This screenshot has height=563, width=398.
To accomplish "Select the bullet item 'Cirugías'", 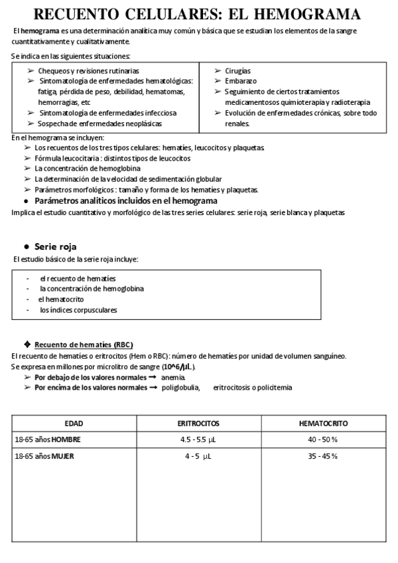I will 237,71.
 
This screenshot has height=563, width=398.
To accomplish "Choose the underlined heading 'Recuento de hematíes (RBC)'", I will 83,345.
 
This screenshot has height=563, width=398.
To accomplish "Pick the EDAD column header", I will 74,423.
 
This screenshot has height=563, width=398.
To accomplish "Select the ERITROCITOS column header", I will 198,423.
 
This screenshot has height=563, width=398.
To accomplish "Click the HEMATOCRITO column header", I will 324,423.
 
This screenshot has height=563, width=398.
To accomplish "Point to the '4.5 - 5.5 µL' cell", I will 198,440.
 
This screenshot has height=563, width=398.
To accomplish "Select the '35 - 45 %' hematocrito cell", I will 324,456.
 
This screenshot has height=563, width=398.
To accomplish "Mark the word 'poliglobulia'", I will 180,388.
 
